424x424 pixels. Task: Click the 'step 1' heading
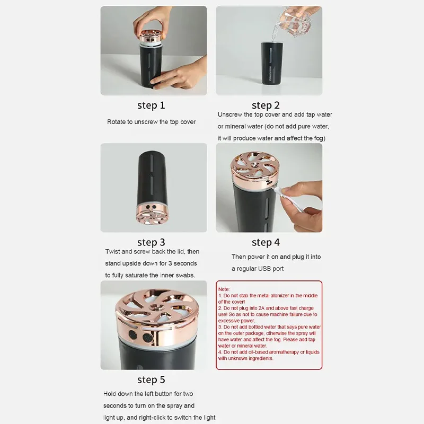coord(151,105)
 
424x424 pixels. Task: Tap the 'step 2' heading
coord(266,105)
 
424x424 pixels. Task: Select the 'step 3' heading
coord(151,242)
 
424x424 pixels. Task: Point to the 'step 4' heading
coord(266,242)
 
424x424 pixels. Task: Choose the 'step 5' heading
coord(151,379)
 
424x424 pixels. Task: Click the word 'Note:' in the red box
coord(224,289)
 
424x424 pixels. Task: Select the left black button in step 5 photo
coord(133,335)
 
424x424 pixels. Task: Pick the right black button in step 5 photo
coord(148,338)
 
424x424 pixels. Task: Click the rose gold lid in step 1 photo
coord(152,37)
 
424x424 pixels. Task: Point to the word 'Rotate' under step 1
coord(116,122)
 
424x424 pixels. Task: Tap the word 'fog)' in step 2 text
coord(320,138)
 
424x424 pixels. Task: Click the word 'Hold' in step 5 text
coord(110,394)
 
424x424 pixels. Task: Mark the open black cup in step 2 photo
coord(272,63)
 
